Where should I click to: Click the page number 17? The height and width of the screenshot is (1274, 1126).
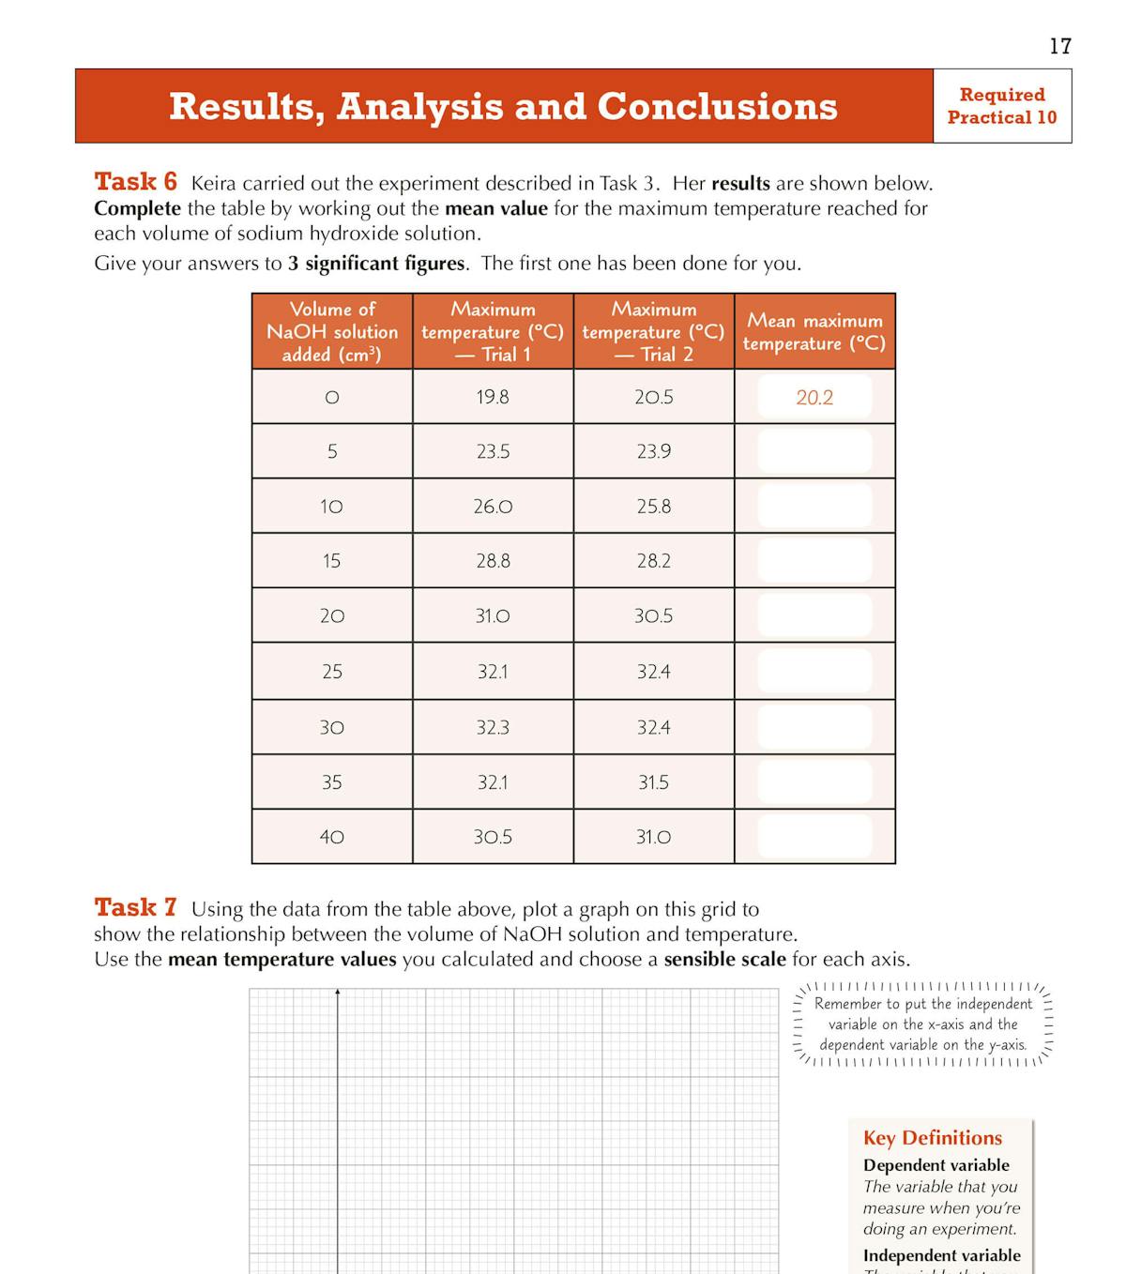click(x=1059, y=46)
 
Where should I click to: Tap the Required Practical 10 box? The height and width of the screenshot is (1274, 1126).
click(x=1001, y=106)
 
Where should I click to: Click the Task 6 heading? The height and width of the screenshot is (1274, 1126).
click(x=135, y=181)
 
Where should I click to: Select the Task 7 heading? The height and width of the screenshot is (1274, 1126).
click(x=135, y=907)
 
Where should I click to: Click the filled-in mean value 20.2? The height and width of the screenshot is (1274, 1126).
click(x=814, y=397)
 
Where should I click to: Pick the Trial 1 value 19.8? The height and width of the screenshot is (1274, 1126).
click(x=493, y=397)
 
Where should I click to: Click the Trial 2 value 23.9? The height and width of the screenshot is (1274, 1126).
click(x=653, y=451)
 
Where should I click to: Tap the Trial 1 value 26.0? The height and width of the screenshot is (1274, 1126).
click(x=493, y=507)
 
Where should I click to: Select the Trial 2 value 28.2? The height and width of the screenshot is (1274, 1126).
click(x=653, y=561)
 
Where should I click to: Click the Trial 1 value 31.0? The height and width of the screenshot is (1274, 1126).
click(x=493, y=616)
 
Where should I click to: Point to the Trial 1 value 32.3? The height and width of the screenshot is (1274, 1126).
click(x=493, y=727)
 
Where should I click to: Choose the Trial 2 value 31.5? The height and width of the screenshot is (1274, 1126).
click(x=653, y=782)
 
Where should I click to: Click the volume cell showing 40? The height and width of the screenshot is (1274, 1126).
click(x=332, y=837)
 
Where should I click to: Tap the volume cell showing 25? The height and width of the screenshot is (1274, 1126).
click(x=332, y=672)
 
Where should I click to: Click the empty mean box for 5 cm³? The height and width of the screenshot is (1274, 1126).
click(x=814, y=451)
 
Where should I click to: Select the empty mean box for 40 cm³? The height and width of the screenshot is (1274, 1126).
click(x=814, y=837)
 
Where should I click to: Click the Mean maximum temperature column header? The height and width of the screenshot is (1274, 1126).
click(x=814, y=332)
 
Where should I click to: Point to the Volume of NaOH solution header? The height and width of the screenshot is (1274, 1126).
click(x=332, y=332)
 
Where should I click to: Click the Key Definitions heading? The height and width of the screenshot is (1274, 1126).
click(x=933, y=1138)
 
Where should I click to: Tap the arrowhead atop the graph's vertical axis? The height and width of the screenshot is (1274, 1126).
click(x=338, y=992)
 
